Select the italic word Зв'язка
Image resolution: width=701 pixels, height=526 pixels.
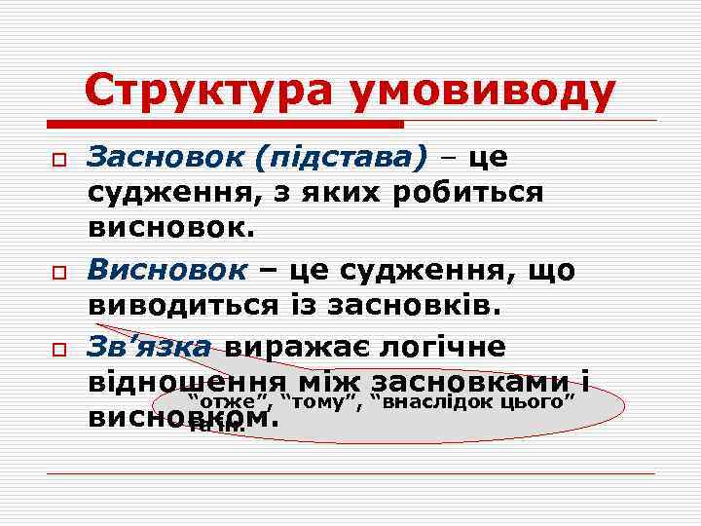point(149,347)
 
